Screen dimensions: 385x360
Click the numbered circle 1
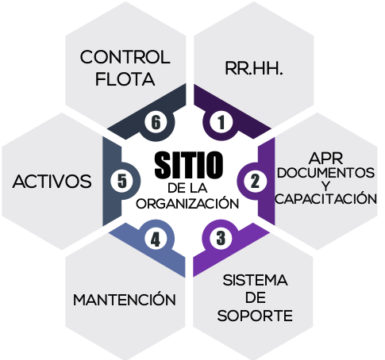(221, 122)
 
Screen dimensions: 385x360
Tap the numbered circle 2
(255, 182)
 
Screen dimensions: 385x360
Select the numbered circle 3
(221, 238)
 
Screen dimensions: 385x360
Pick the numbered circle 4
(156, 240)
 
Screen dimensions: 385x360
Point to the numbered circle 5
(122, 182)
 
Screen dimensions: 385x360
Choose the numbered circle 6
(156, 122)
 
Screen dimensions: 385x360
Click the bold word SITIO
(189, 165)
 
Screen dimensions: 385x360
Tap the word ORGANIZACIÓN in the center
(187, 204)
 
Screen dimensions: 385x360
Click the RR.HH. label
(254, 68)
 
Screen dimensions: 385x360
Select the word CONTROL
(125, 57)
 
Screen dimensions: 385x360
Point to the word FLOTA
(125, 79)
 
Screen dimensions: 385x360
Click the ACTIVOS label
(52, 182)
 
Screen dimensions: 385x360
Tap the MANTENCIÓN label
(125, 299)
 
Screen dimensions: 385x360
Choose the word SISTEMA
(255, 280)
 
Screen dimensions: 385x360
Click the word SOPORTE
(255, 316)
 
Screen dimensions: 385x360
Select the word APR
(325, 159)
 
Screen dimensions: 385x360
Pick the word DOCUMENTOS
(325, 173)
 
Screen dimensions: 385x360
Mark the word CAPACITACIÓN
(325, 199)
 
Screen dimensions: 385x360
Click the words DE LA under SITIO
(187, 188)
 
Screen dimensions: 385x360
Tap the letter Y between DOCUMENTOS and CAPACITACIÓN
(325, 186)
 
